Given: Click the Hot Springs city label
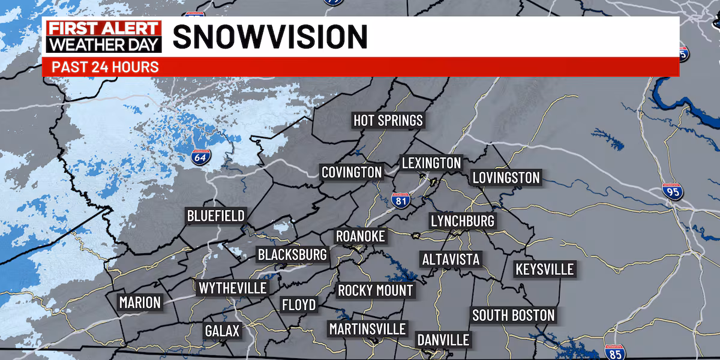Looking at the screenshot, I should pos(388,121).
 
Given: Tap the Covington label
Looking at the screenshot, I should pos(352,173).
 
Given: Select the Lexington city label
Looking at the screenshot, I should pos(431,163).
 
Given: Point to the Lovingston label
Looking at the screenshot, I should pos(506,178).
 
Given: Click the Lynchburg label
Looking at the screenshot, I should pos(463,221).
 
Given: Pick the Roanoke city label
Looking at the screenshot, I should pos(360,236).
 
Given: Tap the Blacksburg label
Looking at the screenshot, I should pos(292,255).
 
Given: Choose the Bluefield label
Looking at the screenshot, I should pos(215,216).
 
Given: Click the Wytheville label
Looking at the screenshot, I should pos(232,288).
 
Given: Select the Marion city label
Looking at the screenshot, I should pos(140,302).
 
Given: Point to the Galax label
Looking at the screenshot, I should pos(222,331).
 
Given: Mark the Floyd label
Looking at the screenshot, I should pos(299,305).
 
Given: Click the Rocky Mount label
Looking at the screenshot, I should pos(376,291).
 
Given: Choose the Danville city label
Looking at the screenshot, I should pos(443,340).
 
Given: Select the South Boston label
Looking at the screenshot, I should pos(513,315).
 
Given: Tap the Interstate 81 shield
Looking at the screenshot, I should pos(401,200).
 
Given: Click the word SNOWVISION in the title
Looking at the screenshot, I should pos(270,37).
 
